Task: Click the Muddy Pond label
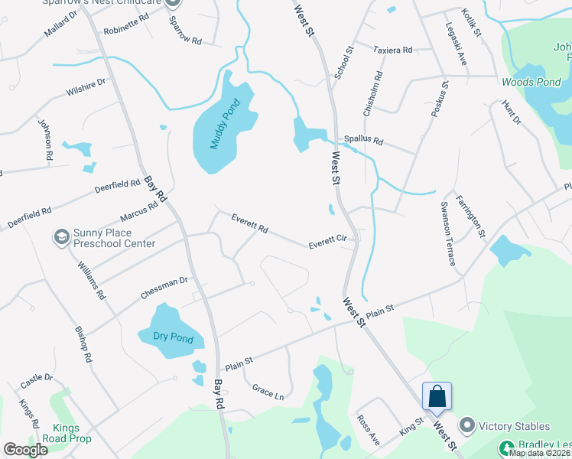coord(220,125)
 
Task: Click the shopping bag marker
coord(437,397)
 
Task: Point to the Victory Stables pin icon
coord(467,425)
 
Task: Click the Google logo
coord(25,450)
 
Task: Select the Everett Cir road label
coord(328,241)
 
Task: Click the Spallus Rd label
coord(362,141)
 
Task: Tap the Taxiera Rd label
coord(393,50)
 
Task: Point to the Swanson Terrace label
coord(448,233)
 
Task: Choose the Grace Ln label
coord(268,392)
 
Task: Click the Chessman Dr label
coord(164,287)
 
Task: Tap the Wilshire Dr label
coord(85,87)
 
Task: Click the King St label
coord(411,425)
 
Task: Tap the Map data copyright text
coord(540,453)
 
